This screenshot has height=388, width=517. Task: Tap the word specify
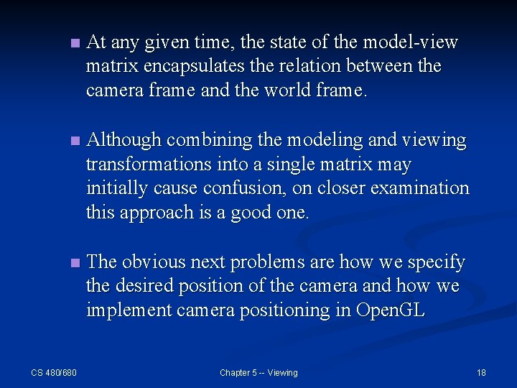433,262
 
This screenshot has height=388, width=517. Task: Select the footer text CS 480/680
54,372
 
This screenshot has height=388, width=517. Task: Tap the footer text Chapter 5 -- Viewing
258,372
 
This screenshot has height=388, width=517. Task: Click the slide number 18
481,372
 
